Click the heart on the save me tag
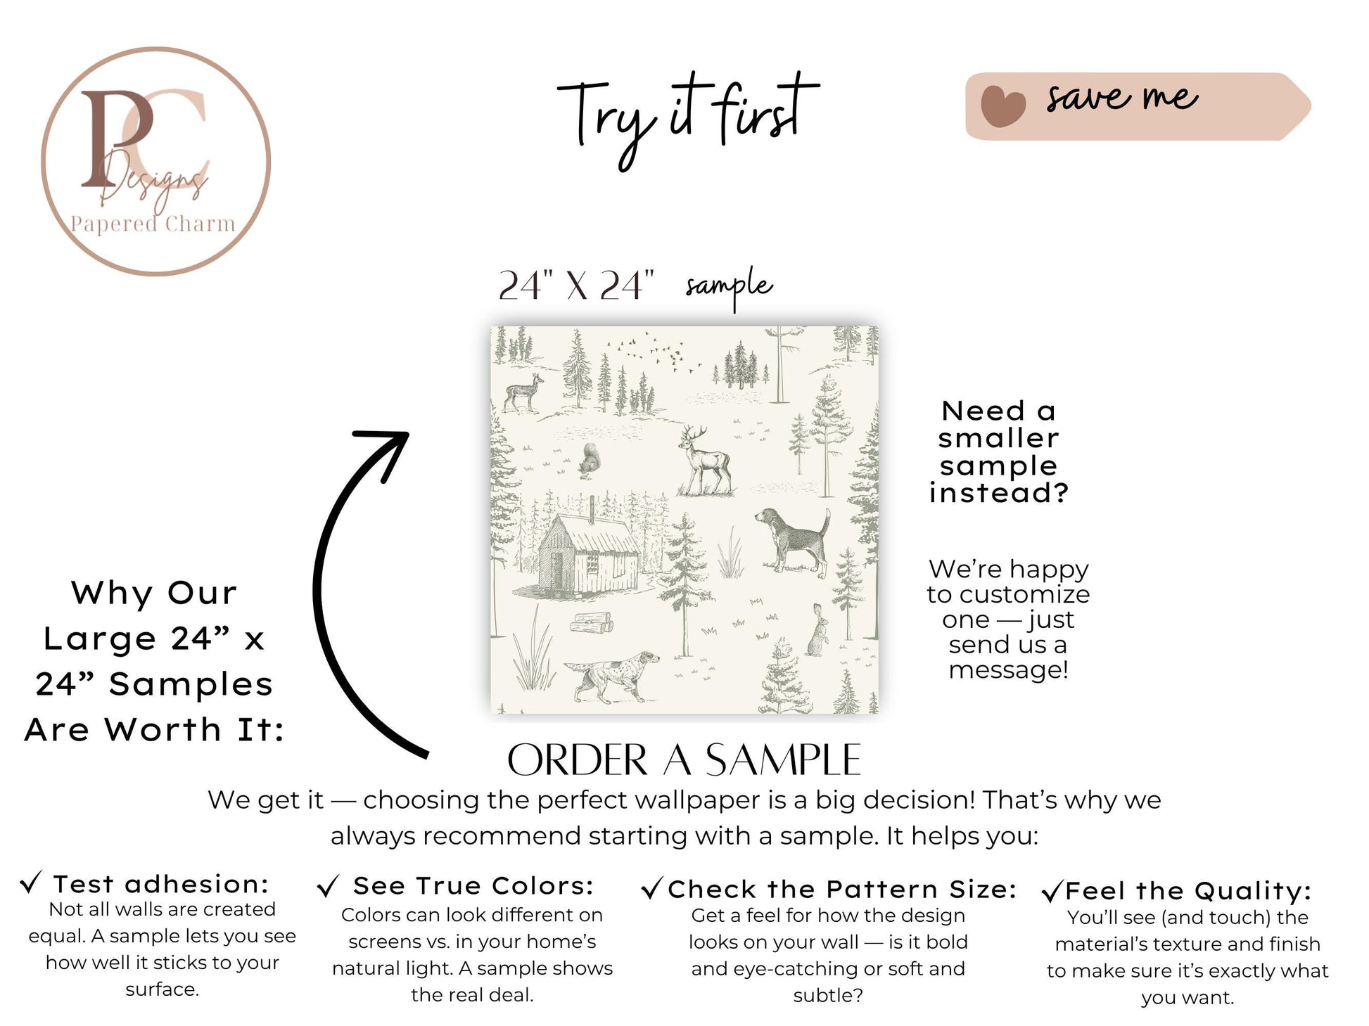1003,105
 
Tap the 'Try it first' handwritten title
687,119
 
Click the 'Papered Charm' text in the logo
153,224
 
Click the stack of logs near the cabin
591,624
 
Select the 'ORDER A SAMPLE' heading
684,760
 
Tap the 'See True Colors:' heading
473,885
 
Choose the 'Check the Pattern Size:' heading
842,890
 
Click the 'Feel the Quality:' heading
1188,891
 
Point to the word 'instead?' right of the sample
999,493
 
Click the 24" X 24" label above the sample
576,286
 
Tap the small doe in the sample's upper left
524,392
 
